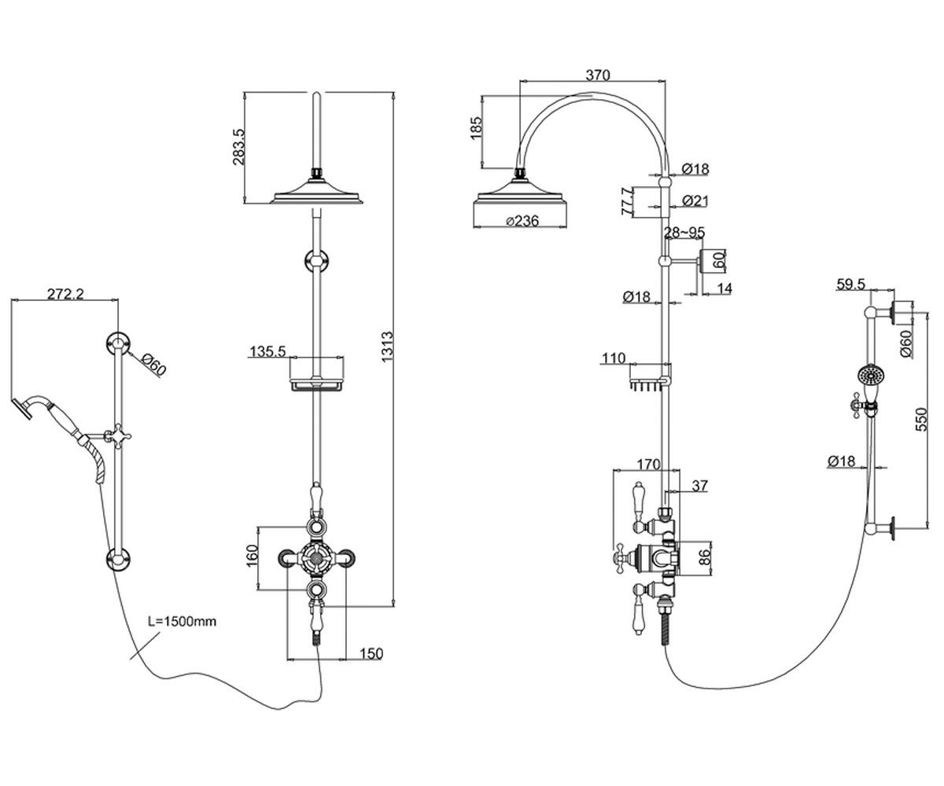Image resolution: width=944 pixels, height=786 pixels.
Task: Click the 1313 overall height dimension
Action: pyautogui.click(x=388, y=347)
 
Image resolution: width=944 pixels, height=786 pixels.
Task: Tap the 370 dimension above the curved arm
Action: pyautogui.click(x=598, y=75)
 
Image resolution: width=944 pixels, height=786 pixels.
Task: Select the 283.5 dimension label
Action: pyautogui.click(x=238, y=147)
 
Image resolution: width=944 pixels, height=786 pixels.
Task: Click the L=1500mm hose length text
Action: pyautogui.click(x=183, y=621)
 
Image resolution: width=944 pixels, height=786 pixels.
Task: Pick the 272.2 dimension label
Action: pyautogui.click(x=65, y=294)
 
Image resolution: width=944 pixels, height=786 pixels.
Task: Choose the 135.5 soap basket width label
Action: pyautogui.click(x=268, y=351)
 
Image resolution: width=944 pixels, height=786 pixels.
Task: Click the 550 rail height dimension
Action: pyautogui.click(x=921, y=419)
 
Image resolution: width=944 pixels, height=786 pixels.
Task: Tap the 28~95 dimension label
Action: pyautogui.click(x=684, y=232)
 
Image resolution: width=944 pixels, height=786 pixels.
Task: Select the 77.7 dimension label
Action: pyautogui.click(x=627, y=201)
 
